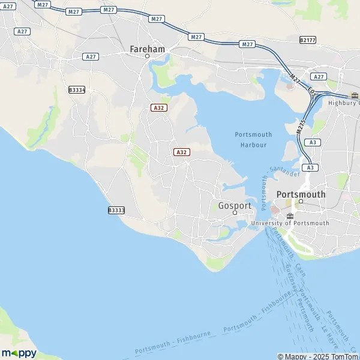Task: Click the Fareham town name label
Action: [x=148, y=47]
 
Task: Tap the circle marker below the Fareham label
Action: [x=148, y=56]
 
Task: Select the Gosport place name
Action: [x=234, y=205]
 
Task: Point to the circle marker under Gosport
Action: [x=235, y=213]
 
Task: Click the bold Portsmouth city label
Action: [x=301, y=194]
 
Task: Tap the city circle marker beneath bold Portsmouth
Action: [x=301, y=202]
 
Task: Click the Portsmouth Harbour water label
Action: [x=253, y=139]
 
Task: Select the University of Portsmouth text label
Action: [x=290, y=223]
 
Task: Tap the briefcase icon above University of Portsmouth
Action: [x=290, y=215]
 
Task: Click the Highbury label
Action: [x=343, y=103]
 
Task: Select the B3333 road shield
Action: [x=116, y=210]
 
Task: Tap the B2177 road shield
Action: [x=307, y=40]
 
